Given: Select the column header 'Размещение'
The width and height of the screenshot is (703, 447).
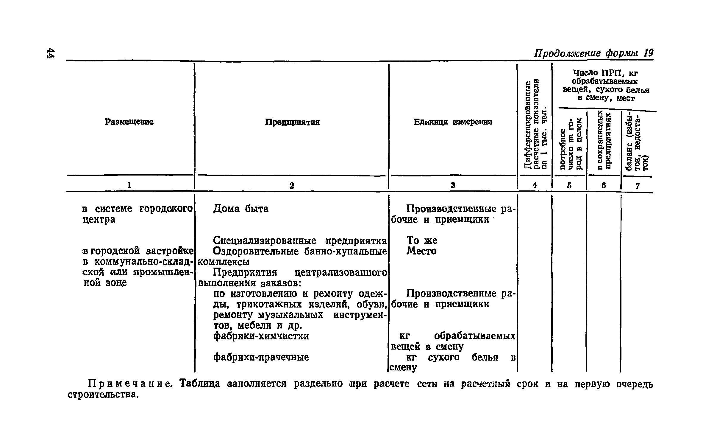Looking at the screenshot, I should click(129, 122).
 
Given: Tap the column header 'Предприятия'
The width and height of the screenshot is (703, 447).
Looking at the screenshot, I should click(292, 122).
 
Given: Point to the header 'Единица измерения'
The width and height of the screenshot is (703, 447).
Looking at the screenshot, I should click(453, 122).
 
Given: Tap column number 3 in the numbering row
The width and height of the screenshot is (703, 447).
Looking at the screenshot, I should click(453, 185).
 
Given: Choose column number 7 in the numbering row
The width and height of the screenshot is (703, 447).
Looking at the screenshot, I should click(638, 186).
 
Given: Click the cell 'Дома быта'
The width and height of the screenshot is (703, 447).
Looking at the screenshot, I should click(241, 209).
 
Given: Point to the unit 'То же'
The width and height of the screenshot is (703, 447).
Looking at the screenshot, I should click(422, 240).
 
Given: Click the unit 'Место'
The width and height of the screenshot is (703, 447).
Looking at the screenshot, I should click(421, 251).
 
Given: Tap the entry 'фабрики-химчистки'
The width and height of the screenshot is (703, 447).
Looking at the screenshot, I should click(261, 336).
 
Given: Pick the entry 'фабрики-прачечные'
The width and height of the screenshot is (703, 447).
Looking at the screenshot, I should click(261, 357).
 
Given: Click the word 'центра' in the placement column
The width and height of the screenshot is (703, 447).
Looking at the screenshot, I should click(99, 220).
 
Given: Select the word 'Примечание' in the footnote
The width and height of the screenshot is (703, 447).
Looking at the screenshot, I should click(130, 384).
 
